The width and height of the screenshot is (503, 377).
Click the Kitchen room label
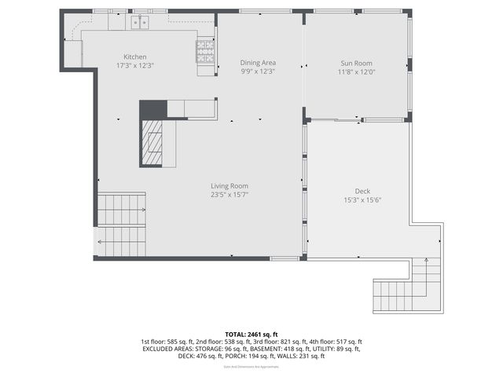tap(134, 56)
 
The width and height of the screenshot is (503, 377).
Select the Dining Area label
tap(258, 63)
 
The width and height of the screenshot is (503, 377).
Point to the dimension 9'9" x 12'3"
tap(258, 71)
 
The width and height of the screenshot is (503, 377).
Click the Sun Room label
tap(356, 63)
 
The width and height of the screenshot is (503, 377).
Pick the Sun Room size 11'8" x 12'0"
tap(356, 71)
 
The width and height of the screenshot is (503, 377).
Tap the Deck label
tap(362, 191)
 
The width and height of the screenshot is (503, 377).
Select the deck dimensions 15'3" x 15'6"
tap(362, 199)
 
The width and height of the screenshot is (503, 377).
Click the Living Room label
tap(229, 186)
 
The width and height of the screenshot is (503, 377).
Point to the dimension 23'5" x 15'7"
tap(229, 195)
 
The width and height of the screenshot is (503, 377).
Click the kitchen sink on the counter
tap(141, 23)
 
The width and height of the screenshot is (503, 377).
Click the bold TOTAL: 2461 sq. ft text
tap(251, 334)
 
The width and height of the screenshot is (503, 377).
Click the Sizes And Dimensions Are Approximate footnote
tap(251, 367)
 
